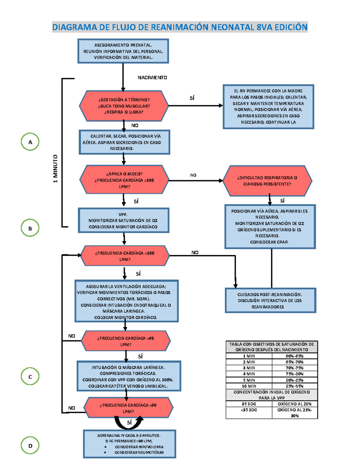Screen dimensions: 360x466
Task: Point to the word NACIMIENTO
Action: [x=152, y=77]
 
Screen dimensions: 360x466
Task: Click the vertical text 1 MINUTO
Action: [x=55, y=169]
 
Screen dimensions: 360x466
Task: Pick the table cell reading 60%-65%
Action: [x=295, y=356]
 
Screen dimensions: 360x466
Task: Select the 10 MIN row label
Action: [x=249, y=386]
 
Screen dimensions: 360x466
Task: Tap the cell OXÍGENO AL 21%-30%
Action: [x=295, y=413]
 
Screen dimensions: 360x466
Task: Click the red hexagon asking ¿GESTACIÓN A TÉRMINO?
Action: [x=124, y=106]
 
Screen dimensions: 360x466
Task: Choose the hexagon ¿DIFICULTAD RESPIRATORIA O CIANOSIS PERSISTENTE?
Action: [x=267, y=181]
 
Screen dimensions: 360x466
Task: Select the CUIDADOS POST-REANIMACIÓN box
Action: [x=270, y=300]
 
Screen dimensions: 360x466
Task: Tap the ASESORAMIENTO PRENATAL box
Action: [x=123, y=51]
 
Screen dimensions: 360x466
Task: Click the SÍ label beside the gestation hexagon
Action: [x=192, y=98]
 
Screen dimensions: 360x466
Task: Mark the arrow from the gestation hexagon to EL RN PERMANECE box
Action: [x=196, y=106]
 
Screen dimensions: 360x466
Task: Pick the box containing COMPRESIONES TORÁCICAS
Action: [x=129, y=376]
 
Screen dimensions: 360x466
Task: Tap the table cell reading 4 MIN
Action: [x=249, y=374]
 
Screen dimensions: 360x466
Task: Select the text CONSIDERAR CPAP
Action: [x=269, y=242]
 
